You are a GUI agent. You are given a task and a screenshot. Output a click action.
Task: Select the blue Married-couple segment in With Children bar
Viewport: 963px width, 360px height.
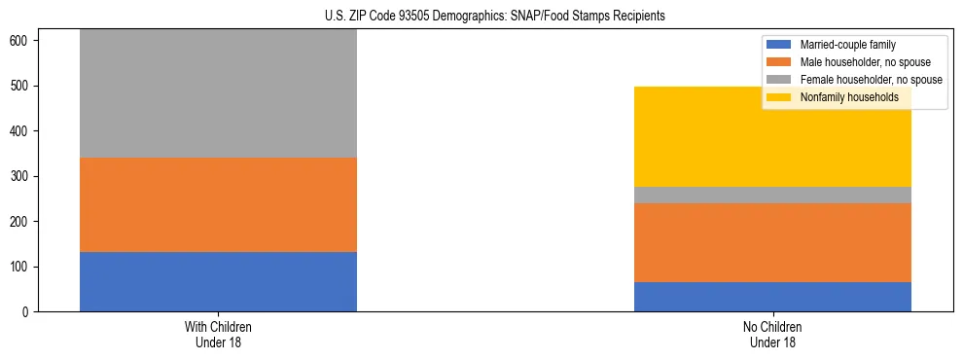218,281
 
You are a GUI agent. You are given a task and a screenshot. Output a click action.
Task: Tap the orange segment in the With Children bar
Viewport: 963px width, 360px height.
218,204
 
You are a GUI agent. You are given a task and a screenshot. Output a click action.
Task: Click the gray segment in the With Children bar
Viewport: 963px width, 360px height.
218,93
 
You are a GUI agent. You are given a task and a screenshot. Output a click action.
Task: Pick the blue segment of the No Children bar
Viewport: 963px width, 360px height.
772,297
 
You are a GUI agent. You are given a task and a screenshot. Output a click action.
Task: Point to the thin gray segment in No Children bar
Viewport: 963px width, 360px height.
772,195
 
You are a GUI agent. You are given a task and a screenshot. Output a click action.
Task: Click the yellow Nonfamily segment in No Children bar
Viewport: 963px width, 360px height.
772,136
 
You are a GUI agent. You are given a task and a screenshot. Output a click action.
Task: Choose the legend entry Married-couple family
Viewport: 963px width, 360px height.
845,45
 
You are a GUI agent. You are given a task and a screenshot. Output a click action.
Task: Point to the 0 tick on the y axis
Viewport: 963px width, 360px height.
28,312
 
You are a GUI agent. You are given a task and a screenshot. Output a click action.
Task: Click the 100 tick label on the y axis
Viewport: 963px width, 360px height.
22,267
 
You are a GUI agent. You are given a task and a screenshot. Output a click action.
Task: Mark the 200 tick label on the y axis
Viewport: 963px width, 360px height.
22,222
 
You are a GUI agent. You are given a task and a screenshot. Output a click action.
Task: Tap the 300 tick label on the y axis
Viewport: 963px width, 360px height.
22,176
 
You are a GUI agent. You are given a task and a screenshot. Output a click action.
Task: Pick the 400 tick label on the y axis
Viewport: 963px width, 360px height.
22,131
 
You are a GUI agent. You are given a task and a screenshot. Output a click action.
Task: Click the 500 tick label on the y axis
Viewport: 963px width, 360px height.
22,86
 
